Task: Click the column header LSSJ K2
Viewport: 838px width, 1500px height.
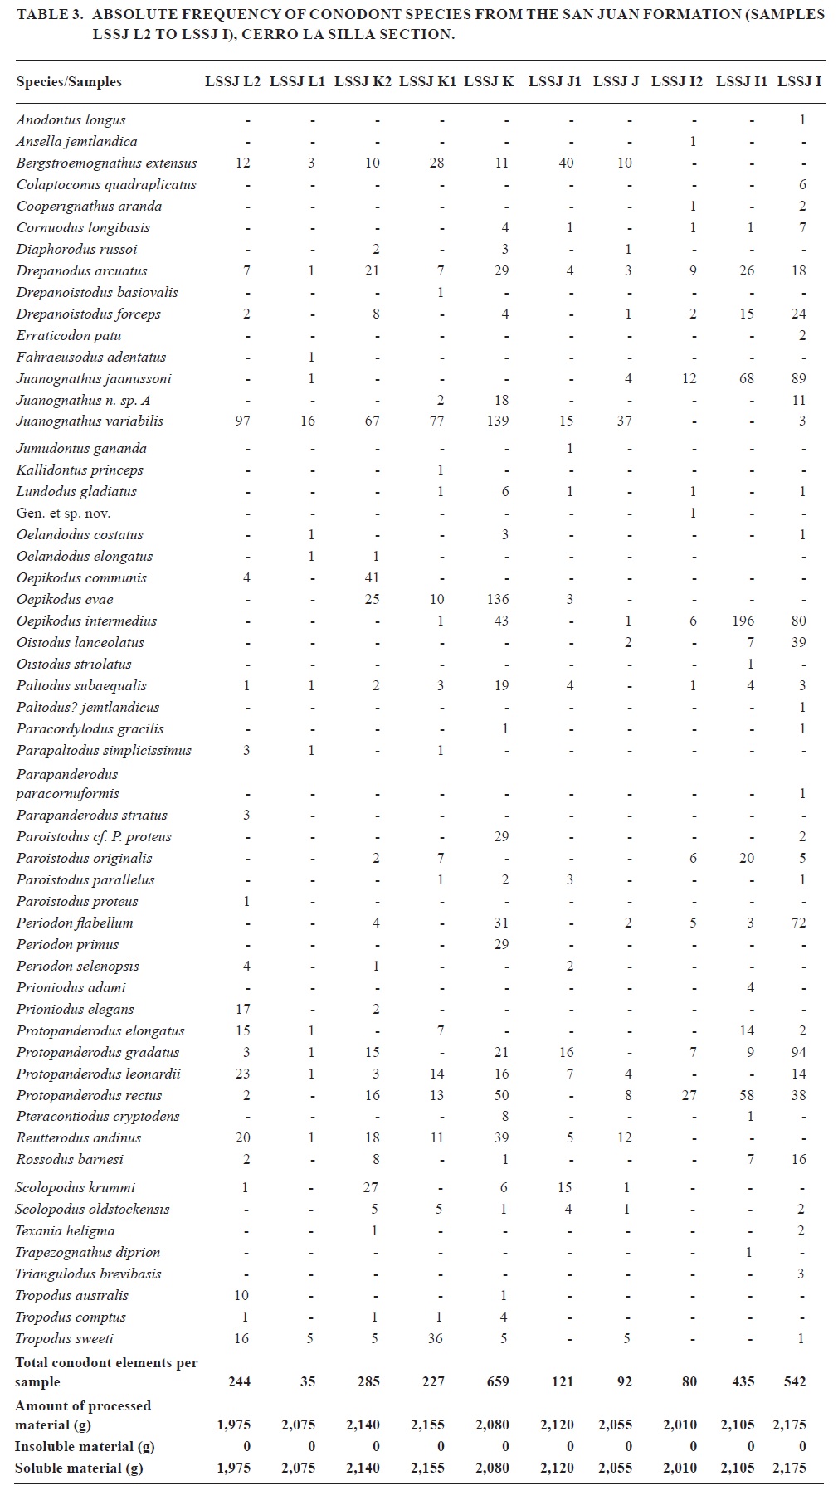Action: coord(363,81)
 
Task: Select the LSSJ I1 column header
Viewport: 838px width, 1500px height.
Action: coord(741,81)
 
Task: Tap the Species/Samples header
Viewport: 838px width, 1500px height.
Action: coord(69,81)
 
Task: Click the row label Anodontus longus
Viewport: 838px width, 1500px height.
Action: coord(71,119)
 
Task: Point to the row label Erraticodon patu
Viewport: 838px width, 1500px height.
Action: coord(69,335)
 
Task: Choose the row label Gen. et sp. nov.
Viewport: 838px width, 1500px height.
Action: coord(63,513)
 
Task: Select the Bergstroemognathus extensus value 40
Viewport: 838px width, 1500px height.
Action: coord(566,163)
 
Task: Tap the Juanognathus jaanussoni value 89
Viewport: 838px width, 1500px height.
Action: coord(799,378)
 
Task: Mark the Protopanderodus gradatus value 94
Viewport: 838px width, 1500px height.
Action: coord(799,1052)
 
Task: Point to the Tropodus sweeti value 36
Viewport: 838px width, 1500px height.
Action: coord(436,1338)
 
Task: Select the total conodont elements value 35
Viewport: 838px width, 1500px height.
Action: coord(308,1381)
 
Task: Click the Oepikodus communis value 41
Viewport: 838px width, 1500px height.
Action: coord(372,577)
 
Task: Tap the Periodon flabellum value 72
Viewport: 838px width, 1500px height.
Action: coord(799,923)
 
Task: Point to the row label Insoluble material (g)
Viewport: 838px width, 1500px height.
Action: coord(85,1446)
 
